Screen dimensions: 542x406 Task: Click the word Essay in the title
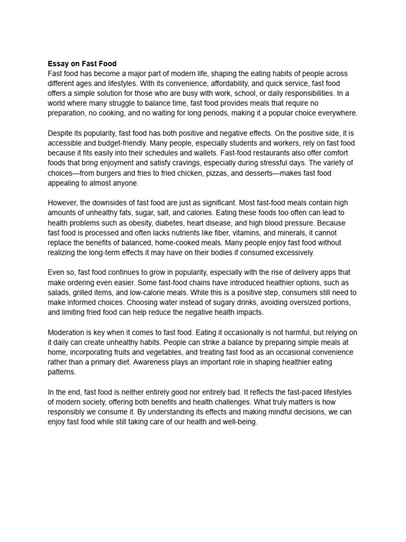(58, 64)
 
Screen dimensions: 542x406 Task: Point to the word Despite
(61, 133)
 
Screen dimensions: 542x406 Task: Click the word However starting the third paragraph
(63, 203)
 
